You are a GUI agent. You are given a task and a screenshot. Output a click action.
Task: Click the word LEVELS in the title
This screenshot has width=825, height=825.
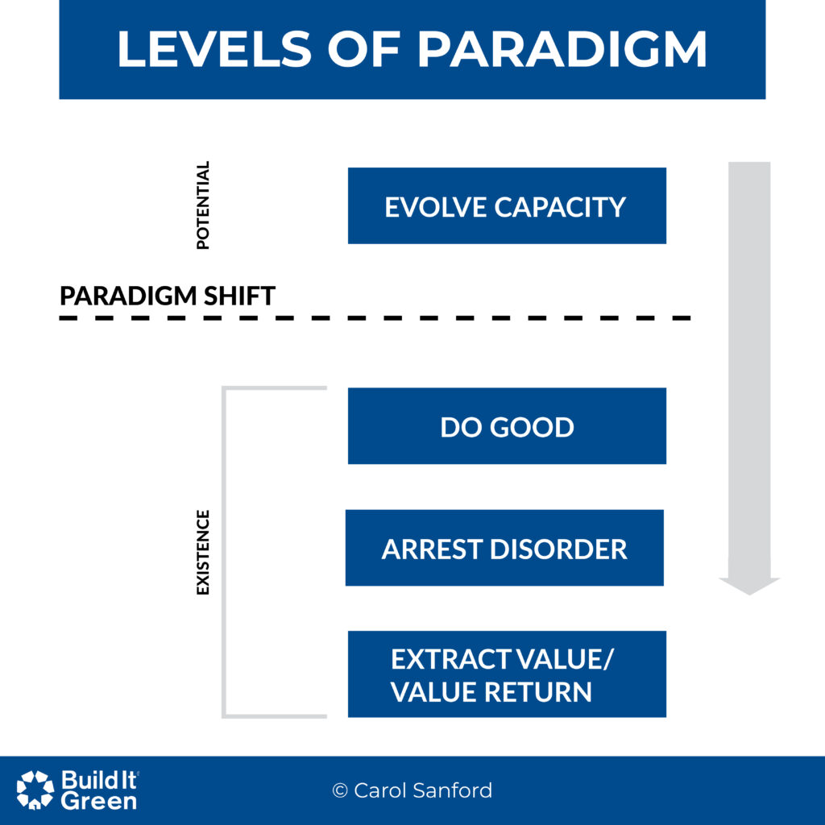pyautogui.click(x=214, y=49)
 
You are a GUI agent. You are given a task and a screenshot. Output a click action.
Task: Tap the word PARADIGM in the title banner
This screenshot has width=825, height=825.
pyautogui.click(x=562, y=49)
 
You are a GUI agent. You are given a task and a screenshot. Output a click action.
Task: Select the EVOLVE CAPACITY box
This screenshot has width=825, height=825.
pyautogui.click(x=507, y=205)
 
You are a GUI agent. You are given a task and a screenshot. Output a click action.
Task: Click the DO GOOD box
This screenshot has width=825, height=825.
pyautogui.click(x=507, y=425)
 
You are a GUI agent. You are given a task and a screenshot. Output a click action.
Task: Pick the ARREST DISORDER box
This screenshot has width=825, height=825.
pyautogui.click(x=504, y=548)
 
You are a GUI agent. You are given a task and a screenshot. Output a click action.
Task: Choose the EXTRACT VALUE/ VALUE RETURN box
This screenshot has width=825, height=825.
pyautogui.click(x=507, y=674)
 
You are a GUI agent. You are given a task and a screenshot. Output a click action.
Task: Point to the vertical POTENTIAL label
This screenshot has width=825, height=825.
pyautogui.click(x=202, y=205)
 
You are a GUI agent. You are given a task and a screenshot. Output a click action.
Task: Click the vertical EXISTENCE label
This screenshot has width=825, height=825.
pyautogui.click(x=202, y=553)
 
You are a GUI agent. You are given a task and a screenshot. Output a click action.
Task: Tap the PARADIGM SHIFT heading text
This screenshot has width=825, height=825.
pyautogui.click(x=168, y=296)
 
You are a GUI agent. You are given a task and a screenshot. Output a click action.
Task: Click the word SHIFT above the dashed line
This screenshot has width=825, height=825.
pyautogui.click(x=239, y=296)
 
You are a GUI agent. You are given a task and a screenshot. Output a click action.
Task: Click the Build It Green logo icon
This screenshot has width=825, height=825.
pyautogui.click(x=35, y=790)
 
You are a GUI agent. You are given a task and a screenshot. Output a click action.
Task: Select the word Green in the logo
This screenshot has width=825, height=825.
pyautogui.click(x=98, y=802)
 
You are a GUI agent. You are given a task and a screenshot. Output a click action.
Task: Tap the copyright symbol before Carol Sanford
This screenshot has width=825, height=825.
pyautogui.click(x=340, y=790)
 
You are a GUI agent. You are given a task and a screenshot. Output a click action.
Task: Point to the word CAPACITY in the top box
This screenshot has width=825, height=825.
pyautogui.click(x=560, y=207)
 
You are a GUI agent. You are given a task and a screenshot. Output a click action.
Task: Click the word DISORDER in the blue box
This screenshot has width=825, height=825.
pyautogui.click(x=558, y=549)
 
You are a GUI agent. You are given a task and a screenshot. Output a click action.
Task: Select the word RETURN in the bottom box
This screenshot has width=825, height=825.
pyautogui.click(x=538, y=692)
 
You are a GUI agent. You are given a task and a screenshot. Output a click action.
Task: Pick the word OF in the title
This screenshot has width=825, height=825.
pyautogui.click(x=365, y=49)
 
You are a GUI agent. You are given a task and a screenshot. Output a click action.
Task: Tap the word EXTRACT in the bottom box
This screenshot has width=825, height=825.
pyautogui.click(x=451, y=659)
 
